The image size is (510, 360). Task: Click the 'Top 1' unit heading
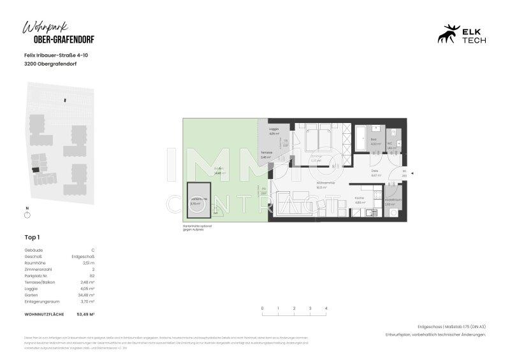click(32, 236)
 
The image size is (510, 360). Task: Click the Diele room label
click(375, 173)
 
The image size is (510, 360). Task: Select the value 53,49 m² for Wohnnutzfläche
click(85, 315)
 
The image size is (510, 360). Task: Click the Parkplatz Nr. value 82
click(92, 275)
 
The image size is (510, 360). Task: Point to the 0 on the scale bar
click(262, 308)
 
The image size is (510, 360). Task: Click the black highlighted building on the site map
click(36, 169)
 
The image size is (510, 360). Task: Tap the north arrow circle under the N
click(27, 216)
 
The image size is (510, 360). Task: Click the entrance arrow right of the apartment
click(412, 173)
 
